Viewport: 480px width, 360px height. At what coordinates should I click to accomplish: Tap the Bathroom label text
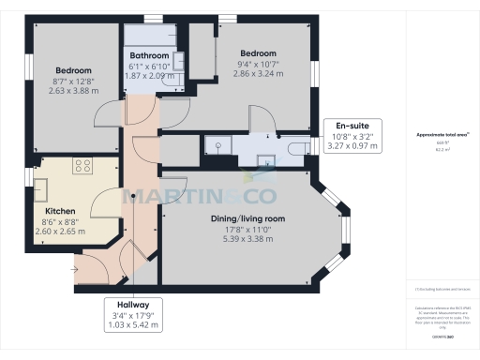point(149,55)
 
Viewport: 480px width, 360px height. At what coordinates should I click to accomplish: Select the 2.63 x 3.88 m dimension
point(72,91)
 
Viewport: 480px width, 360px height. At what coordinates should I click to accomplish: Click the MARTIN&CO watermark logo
point(198,196)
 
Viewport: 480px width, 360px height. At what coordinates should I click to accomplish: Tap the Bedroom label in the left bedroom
point(72,70)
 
